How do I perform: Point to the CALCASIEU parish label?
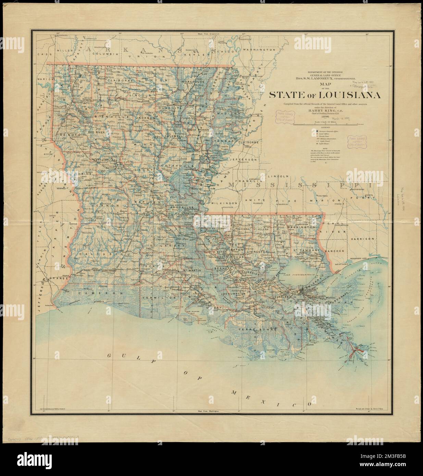tap(99, 255)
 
